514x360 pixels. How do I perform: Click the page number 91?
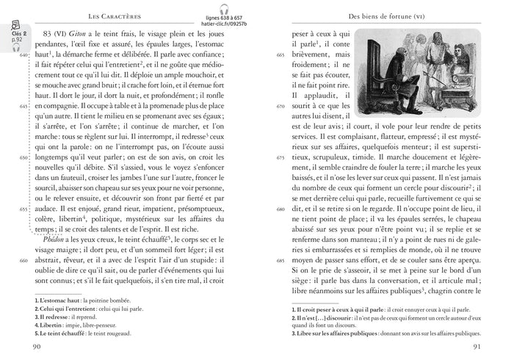click(x=477, y=347)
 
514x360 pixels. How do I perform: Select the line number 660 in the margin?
click(x=23, y=262)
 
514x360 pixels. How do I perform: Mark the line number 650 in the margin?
click(x=23, y=158)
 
